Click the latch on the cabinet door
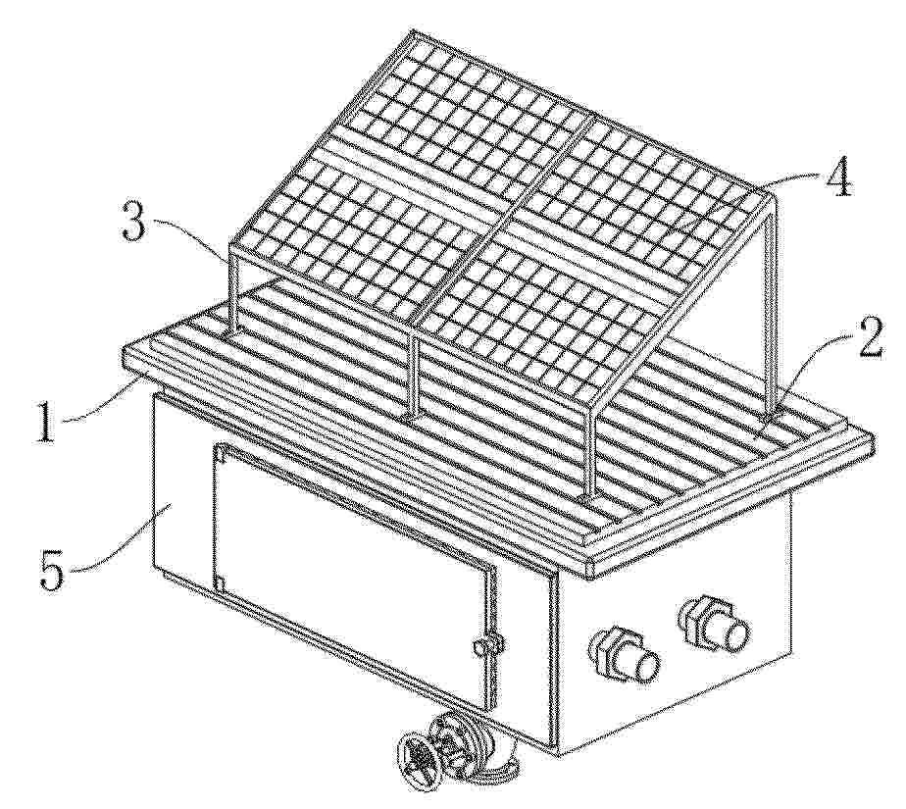coord(484,645)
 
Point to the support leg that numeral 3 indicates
coord(232,288)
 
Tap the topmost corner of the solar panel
coord(412,31)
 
